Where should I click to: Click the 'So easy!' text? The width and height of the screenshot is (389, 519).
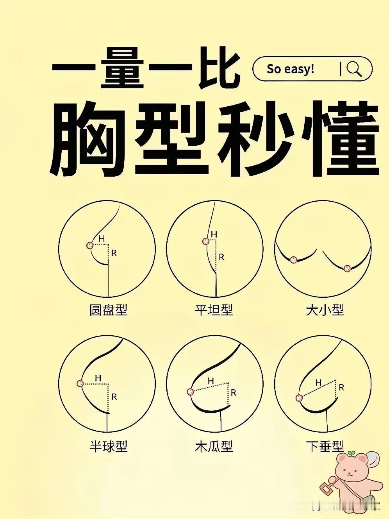[291, 69]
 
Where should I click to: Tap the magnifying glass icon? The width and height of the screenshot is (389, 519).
[354, 69]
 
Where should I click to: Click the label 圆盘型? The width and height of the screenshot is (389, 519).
[109, 310]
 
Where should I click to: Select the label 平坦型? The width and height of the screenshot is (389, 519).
[214, 310]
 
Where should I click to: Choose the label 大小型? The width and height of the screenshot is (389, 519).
[325, 310]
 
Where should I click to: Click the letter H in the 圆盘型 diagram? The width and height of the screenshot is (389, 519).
[102, 238]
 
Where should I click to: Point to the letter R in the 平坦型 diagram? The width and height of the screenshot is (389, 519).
[221, 257]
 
